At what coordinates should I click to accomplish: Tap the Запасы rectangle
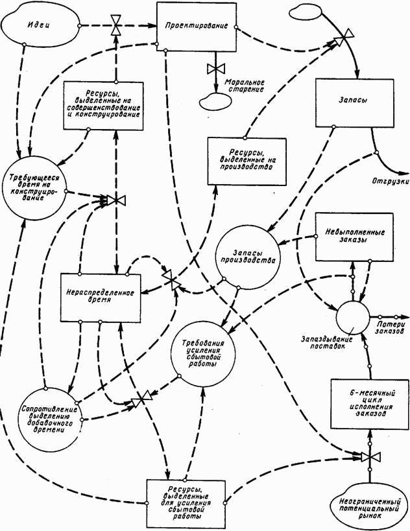(355, 102)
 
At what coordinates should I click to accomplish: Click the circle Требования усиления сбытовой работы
(205, 354)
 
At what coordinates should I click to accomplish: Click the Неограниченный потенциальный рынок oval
(368, 505)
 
